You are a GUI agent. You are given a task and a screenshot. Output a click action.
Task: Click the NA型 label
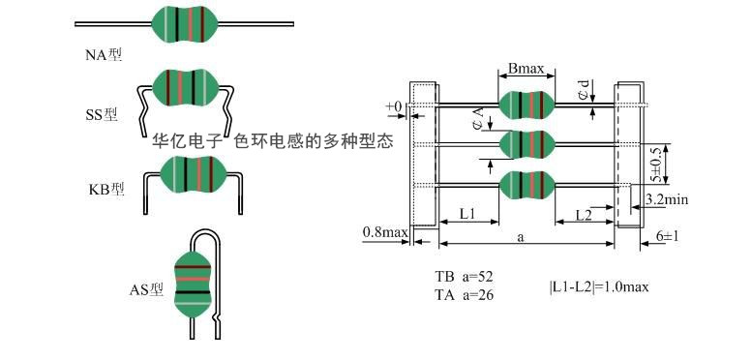[104, 55]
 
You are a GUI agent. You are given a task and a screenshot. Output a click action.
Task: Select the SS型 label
[101, 114]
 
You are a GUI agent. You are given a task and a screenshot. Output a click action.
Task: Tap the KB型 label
[106, 189]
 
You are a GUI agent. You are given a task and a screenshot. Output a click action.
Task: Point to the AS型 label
[146, 289]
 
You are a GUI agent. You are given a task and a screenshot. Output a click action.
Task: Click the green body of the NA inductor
[185, 23]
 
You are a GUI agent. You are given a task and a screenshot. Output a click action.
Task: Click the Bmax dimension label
[526, 69]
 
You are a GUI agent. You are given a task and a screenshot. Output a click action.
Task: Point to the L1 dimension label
[467, 214]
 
